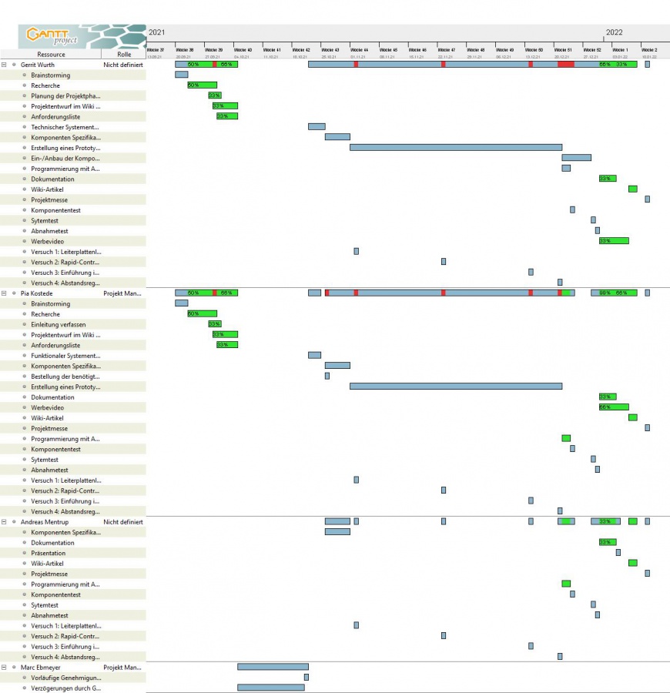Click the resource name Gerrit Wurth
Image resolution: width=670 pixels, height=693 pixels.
pyautogui.click(x=38, y=65)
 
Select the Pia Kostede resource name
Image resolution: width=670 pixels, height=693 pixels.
pyautogui.click(x=36, y=293)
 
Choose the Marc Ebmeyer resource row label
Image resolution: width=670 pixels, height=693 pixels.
pyautogui.click(x=39, y=668)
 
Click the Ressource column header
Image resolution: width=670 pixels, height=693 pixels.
pyautogui.click(x=51, y=55)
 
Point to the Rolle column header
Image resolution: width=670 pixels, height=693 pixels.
pyautogui.click(x=124, y=55)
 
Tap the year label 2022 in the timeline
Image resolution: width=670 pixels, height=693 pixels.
pyautogui.click(x=614, y=32)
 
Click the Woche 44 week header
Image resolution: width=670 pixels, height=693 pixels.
pyautogui.click(x=359, y=49)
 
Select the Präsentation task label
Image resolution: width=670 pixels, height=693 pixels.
pyautogui.click(x=48, y=553)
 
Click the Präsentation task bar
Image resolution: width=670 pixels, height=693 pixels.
pyautogui.click(x=618, y=553)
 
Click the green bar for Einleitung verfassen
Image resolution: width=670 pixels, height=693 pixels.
pyautogui.click(x=214, y=324)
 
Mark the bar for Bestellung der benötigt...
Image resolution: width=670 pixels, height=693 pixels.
pyautogui.click(x=327, y=376)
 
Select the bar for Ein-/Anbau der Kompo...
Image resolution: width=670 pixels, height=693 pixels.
pyautogui.click(x=576, y=158)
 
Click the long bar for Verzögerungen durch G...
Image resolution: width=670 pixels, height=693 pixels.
pyautogui.click(x=270, y=688)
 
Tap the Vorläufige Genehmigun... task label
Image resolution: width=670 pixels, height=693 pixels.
pyautogui.click(x=65, y=678)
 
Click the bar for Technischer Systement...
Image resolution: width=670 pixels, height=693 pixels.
pyautogui.click(x=317, y=126)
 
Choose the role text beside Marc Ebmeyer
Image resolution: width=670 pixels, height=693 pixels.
pyautogui.click(x=122, y=668)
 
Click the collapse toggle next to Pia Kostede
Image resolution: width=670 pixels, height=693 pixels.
pyautogui.click(x=4, y=293)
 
